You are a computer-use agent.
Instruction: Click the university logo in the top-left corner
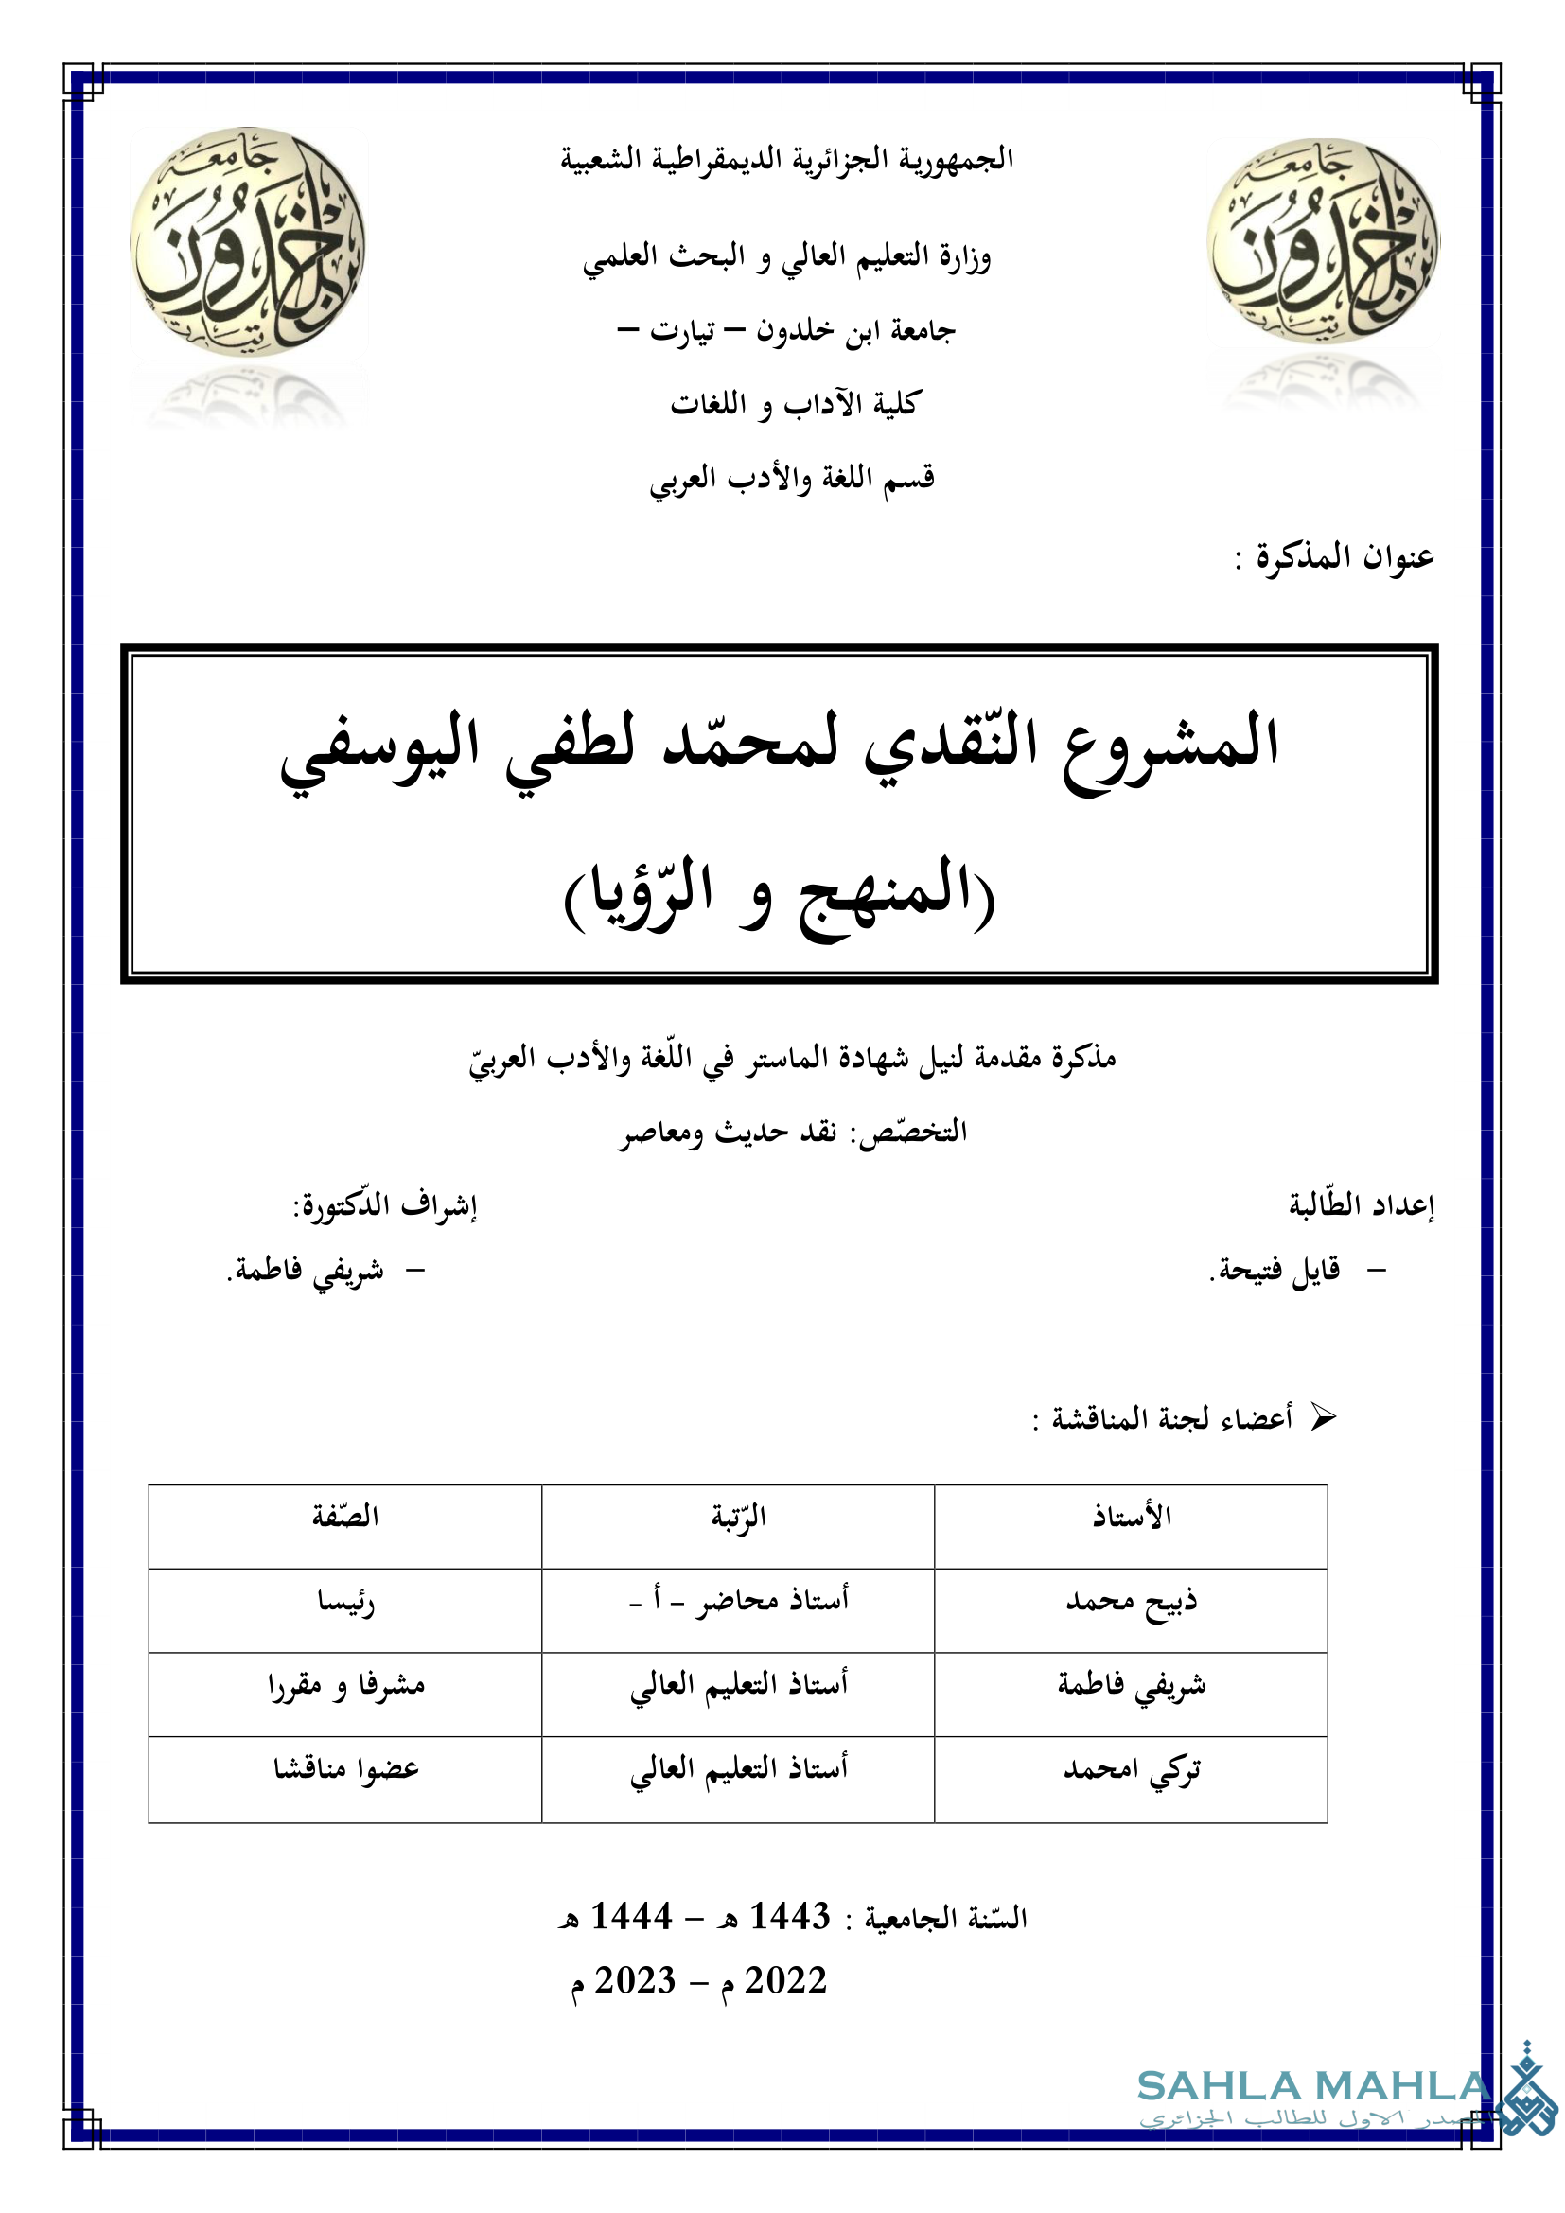click(248, 241)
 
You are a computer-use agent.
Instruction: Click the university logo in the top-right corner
click(1322, 241)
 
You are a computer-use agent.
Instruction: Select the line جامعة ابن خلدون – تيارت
click(786, 330)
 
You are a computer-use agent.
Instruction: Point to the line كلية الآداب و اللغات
click(796, 404)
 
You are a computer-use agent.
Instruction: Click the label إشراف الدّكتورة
click(385, 1205)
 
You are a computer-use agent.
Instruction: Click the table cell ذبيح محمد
click(1132, 1602)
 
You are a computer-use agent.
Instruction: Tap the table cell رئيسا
click(345, 1602)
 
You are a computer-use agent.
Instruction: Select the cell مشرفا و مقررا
click(345, 1686)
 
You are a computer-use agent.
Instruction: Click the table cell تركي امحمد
click(1132, 1769)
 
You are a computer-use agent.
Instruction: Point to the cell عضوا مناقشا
click(345, 1769)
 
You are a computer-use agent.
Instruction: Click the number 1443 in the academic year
click(789, 1917)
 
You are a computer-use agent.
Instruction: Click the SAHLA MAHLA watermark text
click(1313, 2087)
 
